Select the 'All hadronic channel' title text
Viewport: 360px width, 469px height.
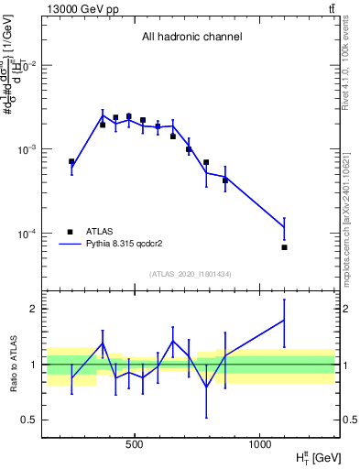point(191,38)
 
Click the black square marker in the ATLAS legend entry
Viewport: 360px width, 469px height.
point(71,232)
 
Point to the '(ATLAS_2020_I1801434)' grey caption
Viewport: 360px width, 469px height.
point(191,274)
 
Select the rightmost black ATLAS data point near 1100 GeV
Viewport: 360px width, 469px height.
point(285,247)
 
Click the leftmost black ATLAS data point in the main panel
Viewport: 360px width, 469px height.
point(71,161)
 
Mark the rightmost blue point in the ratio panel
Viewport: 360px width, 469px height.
point(285,321)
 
